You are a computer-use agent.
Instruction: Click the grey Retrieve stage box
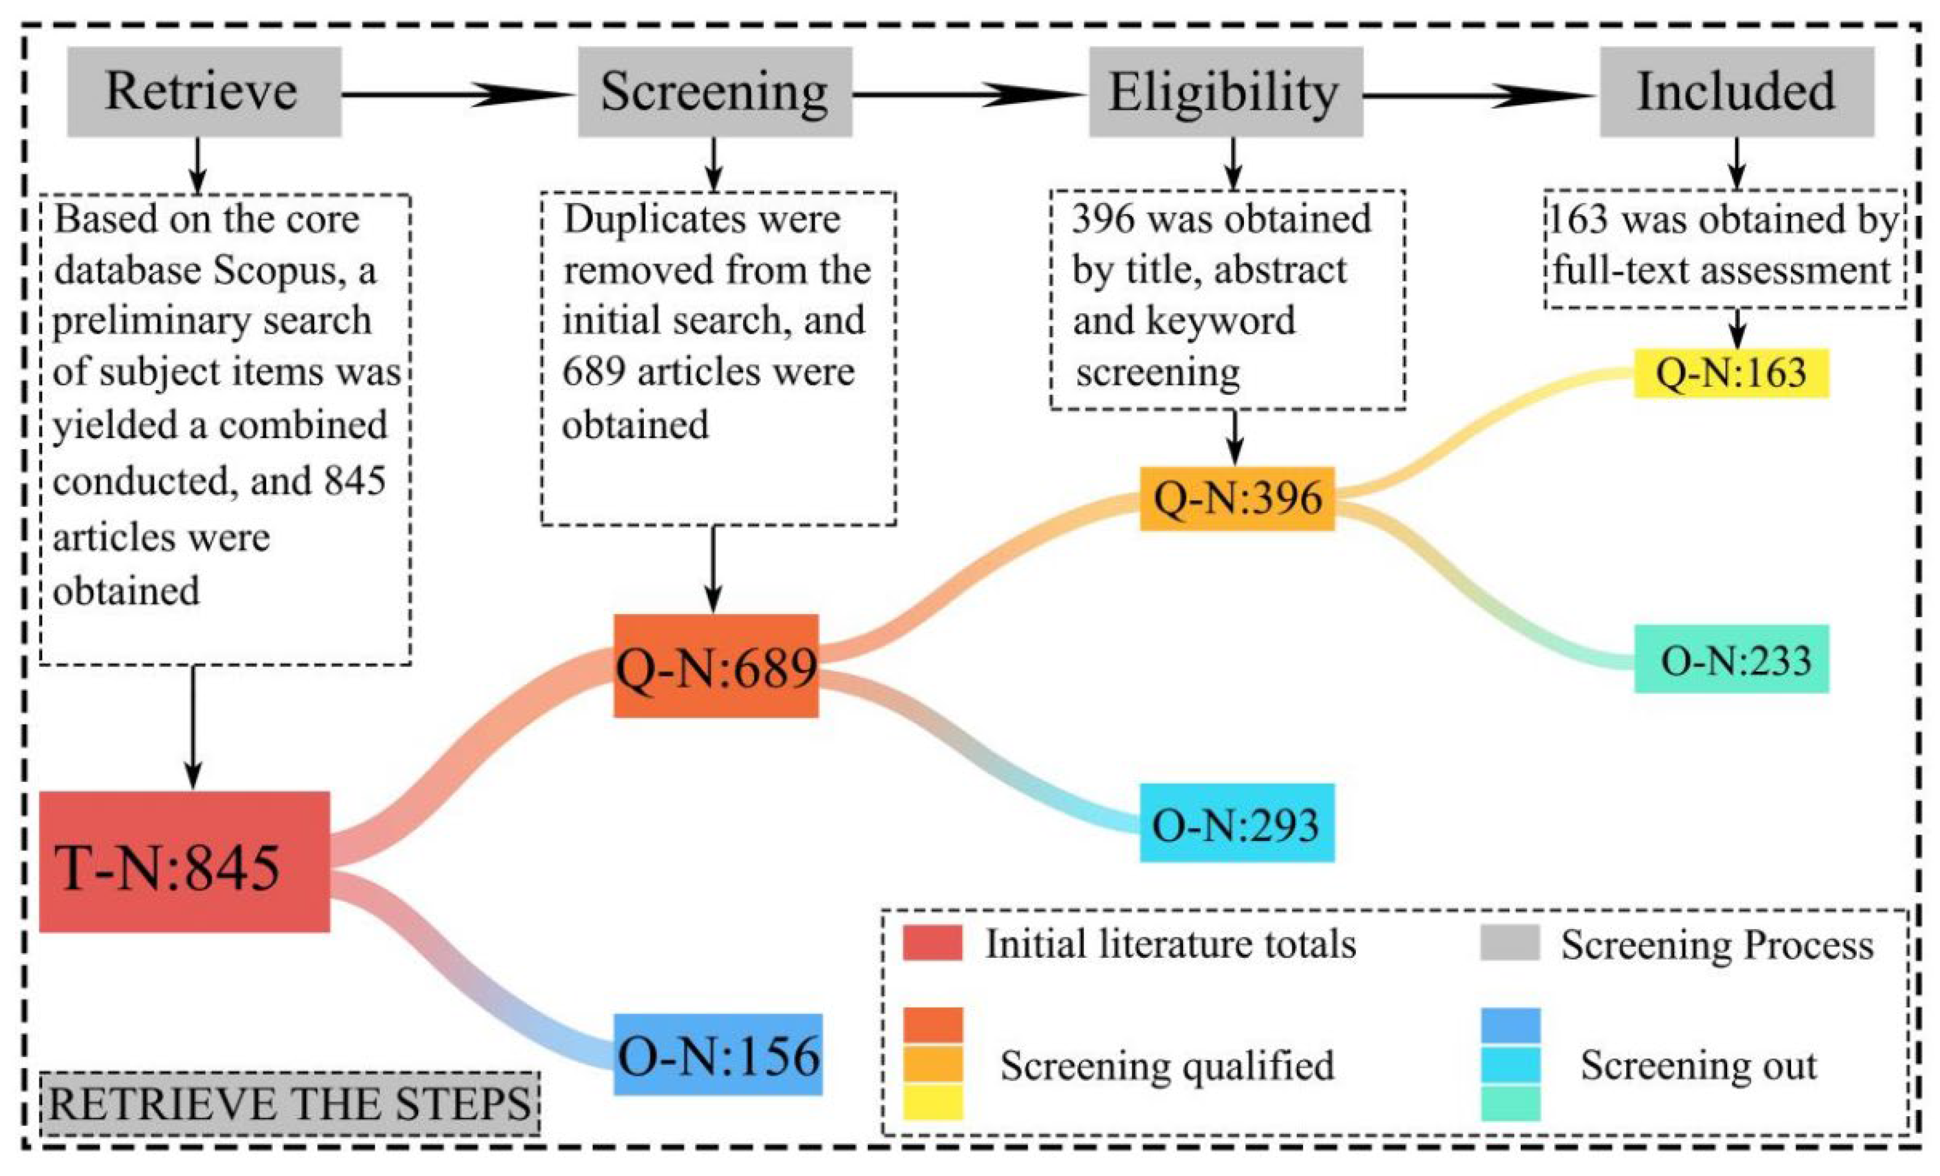click(x=204, y=91)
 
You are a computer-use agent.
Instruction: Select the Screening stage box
click(x=714, y=91)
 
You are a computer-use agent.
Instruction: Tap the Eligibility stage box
click(x=1225, y=91)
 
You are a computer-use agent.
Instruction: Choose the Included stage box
click(x=1736, y=91)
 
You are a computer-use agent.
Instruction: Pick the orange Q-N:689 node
click(x=715, y=666)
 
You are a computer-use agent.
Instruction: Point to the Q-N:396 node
click(x=1237, y=498)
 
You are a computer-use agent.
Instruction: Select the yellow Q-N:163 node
click(x=1731, y=372)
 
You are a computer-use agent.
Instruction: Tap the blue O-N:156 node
click(x=717, y=1054)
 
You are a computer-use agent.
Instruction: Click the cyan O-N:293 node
click(x=1237, y=822)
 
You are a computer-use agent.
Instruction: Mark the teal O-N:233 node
click(x=1731, y=659)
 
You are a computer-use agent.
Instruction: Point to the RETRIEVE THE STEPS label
click(x=290, y=1103)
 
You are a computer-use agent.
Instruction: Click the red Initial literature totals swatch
click(x=932, y=943)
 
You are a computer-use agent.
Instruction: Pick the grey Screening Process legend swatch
click(x=1510, y=943)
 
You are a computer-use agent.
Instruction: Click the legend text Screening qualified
click(x=1167, y=1065)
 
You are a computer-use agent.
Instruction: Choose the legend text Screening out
click(x=1698, y=1065)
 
